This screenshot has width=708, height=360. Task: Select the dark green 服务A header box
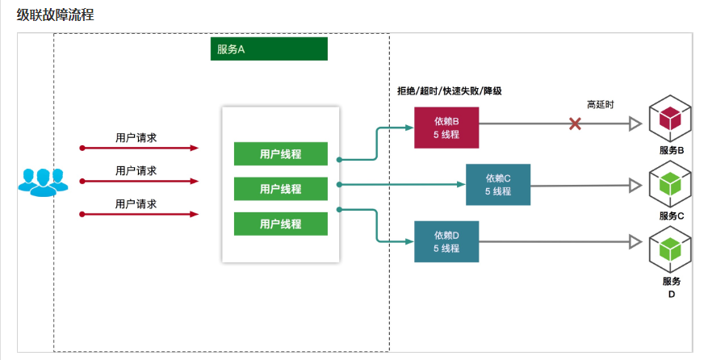269,49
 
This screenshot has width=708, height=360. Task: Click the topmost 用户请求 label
136,137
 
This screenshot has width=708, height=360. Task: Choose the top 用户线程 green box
280,153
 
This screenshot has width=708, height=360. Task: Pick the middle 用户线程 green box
280,189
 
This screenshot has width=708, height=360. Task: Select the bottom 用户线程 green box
280,224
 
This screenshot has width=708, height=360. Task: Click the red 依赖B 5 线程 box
446,128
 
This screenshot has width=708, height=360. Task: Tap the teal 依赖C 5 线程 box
498,184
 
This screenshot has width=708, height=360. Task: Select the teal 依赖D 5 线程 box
446,241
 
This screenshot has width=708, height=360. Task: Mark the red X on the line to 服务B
575,123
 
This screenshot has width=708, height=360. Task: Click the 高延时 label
600,104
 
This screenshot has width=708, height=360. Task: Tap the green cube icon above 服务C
670,184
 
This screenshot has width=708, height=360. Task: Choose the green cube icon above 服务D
670,250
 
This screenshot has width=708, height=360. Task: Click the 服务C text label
671,216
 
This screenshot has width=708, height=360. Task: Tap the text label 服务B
671,151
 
